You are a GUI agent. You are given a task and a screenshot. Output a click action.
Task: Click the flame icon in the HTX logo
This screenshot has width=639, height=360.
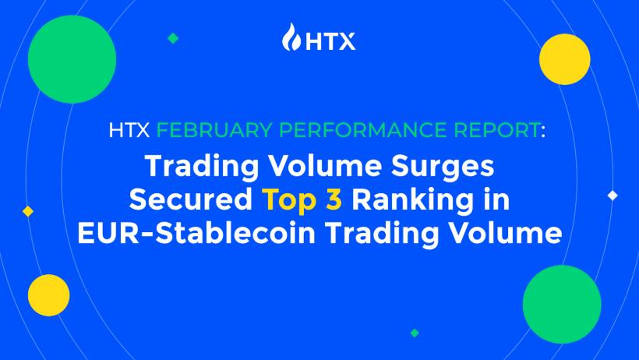pyautogui.click(x=291, y=37)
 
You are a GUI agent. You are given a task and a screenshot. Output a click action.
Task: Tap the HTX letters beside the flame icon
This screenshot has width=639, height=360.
pyautogui.click(x=330, y=41)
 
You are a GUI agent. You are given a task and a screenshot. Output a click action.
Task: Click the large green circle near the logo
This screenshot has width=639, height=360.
pyautogui.click(x=72, y=59)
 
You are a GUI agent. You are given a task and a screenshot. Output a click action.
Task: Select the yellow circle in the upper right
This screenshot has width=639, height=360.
pyautogui.click(x=564, y=59)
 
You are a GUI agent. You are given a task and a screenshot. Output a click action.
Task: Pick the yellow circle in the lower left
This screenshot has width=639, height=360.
pyautogui.click(x=49, y=295)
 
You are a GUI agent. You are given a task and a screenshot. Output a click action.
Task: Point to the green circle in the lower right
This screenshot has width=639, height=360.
pyautogui.click(x=562, y=304)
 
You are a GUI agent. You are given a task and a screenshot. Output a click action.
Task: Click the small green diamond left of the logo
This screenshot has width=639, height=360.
pyautogui.click(x=173, y=38)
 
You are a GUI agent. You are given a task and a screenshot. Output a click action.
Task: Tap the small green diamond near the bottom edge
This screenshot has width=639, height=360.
pyautogui.click(x=415, y=333)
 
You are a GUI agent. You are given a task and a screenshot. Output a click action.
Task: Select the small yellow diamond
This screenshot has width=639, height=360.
pyautogui.click(x=28, y=211)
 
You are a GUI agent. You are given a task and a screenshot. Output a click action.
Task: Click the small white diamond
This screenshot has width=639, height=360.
pyautogui.click(x=613, y=196)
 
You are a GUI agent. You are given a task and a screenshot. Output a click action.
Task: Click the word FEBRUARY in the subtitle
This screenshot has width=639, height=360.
pyautogui.click(x=214, y=130)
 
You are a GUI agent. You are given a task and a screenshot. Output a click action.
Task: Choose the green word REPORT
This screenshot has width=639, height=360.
pyautogui.click(x=497, y=130)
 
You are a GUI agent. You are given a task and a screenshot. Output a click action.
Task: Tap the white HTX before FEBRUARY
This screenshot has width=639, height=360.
pyautogui.click(x=129, y=130)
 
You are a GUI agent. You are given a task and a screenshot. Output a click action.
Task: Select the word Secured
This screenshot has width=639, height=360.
pyautogui.click(x=191, y=199)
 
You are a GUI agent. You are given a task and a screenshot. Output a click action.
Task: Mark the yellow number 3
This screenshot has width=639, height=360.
pyautogui.click(x=334, y=199)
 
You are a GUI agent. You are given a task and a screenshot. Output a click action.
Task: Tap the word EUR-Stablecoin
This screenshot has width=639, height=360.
pyautogui.click(x=196, y=233)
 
